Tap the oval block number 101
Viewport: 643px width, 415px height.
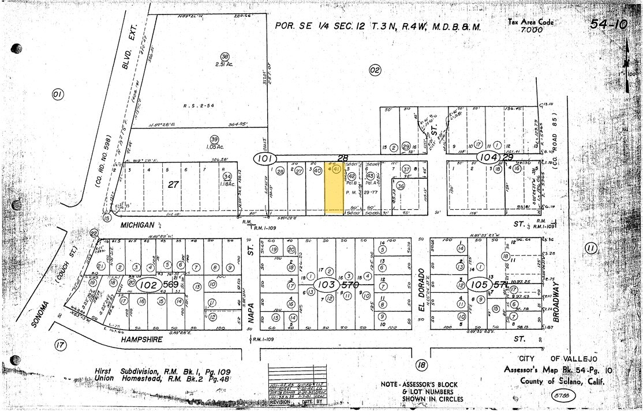264,157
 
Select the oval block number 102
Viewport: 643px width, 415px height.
149,285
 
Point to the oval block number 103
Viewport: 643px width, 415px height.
324,285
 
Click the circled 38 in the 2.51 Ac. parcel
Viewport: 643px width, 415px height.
225,56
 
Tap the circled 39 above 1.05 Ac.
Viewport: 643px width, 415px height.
214,139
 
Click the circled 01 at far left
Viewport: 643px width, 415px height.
57,94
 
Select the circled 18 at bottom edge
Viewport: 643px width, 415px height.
421,364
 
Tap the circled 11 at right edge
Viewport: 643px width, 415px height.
590,248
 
